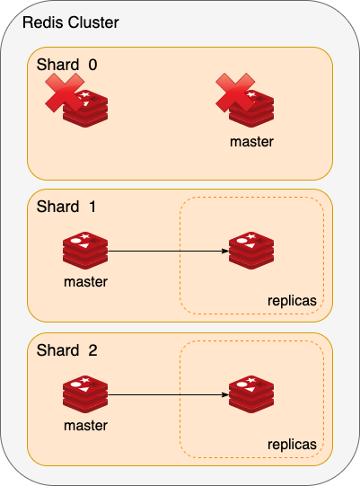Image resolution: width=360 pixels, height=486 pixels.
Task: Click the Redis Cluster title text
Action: pos(71,22)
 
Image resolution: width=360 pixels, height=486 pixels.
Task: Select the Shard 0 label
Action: pos(67,65)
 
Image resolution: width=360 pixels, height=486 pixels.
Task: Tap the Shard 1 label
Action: pos(66,207)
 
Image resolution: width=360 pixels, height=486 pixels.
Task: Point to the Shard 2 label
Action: pos(67,350)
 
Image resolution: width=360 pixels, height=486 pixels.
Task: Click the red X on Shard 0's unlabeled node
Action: pos(65,93)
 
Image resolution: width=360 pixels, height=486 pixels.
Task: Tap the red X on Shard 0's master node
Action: pos(235,93)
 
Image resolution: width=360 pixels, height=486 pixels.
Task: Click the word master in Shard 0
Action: pos(251,142)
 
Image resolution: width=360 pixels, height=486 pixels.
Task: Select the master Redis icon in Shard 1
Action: pos(85,251)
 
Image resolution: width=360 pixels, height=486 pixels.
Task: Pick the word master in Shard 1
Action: pos(85,282)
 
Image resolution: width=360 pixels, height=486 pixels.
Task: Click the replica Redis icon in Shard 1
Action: pos(251,251)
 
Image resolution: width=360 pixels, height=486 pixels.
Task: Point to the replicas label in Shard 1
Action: pos(292,301)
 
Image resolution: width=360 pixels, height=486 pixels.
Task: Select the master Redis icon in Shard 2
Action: pos(85,394)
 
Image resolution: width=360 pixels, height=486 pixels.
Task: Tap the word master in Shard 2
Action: pos(85,426)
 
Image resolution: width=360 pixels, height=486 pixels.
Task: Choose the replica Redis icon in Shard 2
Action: pos(251,394)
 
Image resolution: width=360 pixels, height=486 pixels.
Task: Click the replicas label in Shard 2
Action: pos(292,445)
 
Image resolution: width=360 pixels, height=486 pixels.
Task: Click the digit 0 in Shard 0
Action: pos(93,65)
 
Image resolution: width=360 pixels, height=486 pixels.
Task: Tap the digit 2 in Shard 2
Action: pos(93,350)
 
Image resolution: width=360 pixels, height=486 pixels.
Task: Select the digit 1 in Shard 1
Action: pos(92,207)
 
